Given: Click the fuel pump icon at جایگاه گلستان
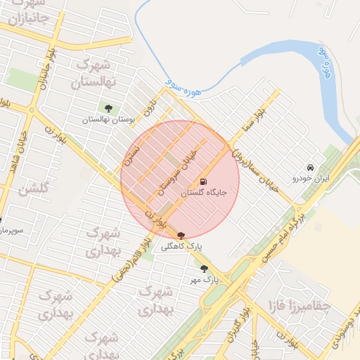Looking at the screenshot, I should tap(204, 181).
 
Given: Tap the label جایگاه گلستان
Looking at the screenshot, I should tap(204, 193).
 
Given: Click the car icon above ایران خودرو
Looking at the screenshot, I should tap(311, 167).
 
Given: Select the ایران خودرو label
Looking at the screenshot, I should tap(311, 179).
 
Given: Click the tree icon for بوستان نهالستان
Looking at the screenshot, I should tap(108, 108).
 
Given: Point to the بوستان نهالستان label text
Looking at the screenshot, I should tap(108, 120).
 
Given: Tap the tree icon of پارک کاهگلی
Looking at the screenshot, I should tap(181, 236).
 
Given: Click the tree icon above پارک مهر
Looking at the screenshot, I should tap(204, 269).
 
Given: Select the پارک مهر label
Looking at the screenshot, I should tap(204, 279).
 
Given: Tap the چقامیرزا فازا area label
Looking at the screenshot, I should tap(300, 306).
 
